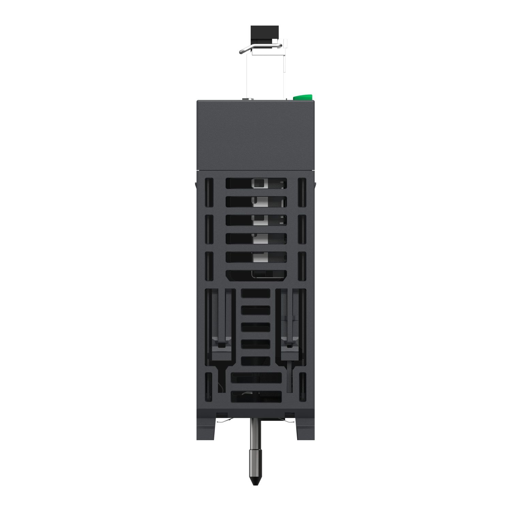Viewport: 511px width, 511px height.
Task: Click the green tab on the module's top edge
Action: coord(303,97)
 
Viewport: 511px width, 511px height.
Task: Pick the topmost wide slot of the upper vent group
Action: coord(256,183)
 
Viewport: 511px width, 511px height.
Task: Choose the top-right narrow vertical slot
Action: coord(302,193)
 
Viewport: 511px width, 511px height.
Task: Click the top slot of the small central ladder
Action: coord(255,293)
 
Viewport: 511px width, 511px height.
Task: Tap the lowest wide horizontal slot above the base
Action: coord(256,396)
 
